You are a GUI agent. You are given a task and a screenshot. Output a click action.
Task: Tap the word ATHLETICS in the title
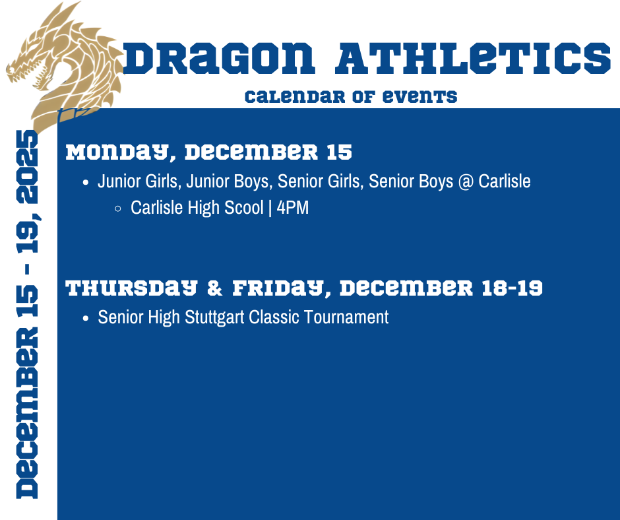tap(472, 59)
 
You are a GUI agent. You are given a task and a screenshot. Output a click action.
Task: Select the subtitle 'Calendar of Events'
tap(350, 97)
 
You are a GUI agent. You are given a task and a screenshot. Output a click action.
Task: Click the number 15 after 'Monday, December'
tap(339, 153)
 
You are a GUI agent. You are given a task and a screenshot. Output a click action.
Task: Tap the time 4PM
tap(293, 208)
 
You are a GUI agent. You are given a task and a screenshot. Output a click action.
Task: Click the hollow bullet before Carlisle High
tap(118, 209)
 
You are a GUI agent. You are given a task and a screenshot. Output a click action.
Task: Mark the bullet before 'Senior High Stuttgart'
tap(86, 318)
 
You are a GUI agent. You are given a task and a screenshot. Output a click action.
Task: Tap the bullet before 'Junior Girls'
tap(86, 182)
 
